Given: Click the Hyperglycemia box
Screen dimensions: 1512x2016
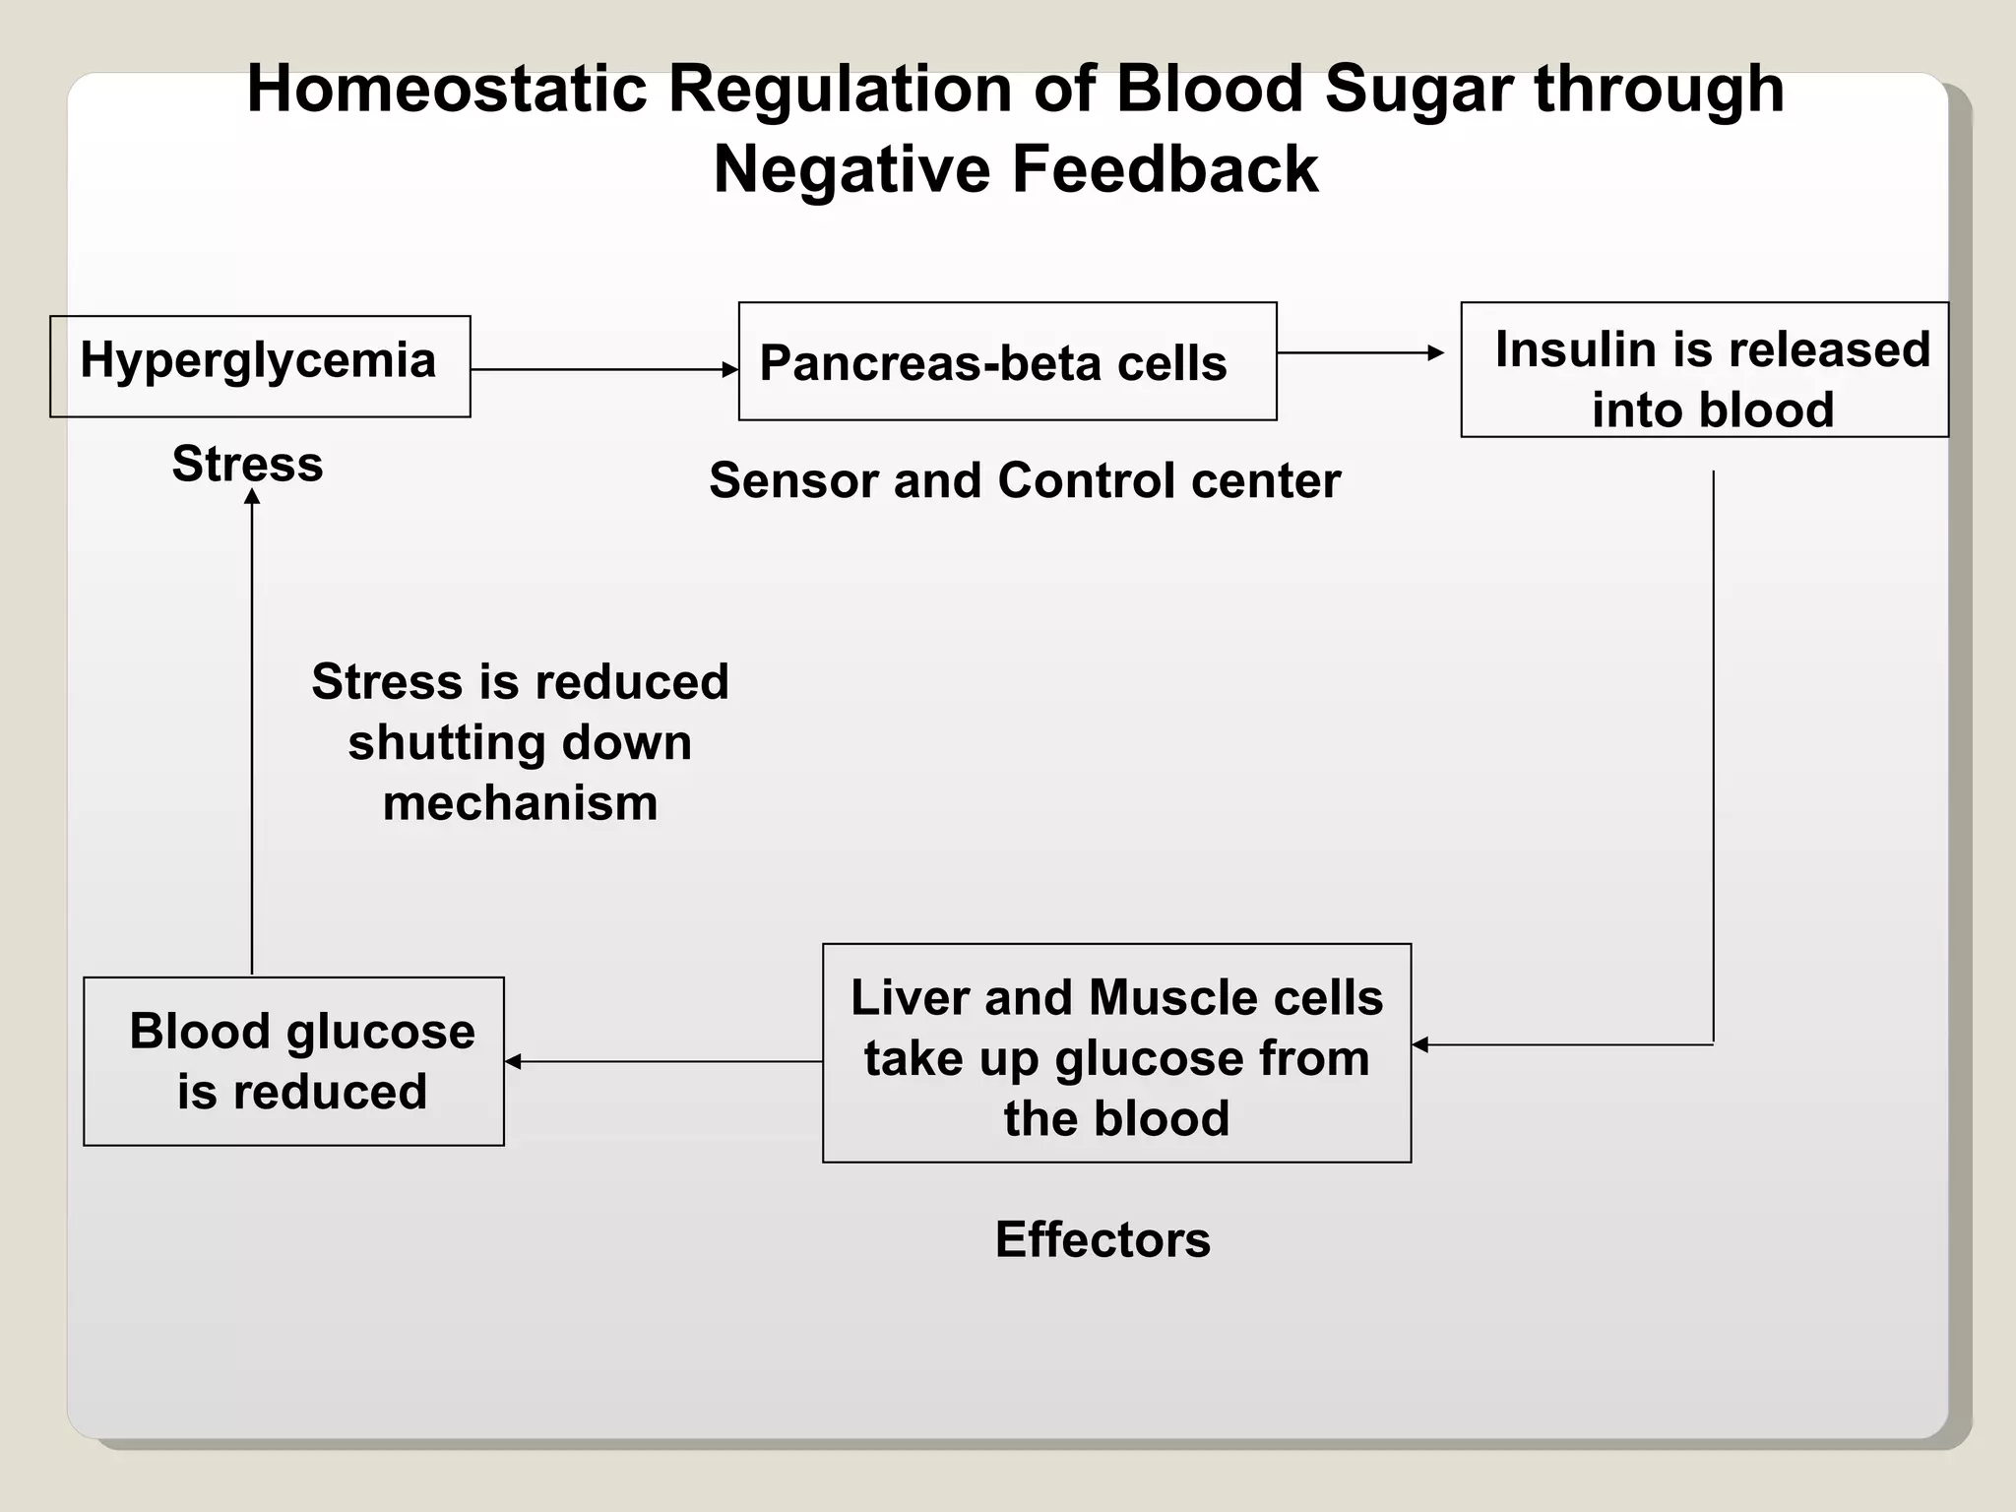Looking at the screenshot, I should pos(260,366).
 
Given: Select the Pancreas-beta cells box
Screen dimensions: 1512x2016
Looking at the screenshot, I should pos(1007,361).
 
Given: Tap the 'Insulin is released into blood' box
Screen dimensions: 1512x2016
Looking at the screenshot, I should pos(1704,370).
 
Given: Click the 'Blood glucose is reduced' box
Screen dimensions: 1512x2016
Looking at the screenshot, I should pos(293,1061).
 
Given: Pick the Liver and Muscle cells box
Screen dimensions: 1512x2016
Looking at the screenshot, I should pos(1116,1053).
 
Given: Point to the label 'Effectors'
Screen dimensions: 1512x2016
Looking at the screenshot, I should pos(1102,1239).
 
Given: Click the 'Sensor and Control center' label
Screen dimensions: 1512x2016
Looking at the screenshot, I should pos(1024,481).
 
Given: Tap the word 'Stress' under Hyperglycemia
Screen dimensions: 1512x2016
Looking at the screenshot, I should pos(247,464).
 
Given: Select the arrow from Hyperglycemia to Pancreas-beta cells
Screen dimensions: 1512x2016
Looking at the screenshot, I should pos(603,370).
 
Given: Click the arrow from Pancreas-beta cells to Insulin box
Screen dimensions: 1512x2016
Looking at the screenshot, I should pos(1358,352).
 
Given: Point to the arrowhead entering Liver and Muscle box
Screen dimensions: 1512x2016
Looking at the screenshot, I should pos(1420,1044).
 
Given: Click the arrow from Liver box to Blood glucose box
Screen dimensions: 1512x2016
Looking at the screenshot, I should pos(662,1061).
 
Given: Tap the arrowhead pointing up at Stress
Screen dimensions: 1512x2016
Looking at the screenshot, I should pos(252,497).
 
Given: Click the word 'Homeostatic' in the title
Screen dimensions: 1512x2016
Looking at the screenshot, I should pos(446,90).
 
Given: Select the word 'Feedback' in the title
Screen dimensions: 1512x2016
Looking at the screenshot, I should pos(1165,169).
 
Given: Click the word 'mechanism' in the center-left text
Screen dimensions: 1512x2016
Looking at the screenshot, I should pos(520,803).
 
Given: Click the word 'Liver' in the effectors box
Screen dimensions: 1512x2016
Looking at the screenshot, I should pos(911,997).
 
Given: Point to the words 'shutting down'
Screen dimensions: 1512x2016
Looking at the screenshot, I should pos(520,743).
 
